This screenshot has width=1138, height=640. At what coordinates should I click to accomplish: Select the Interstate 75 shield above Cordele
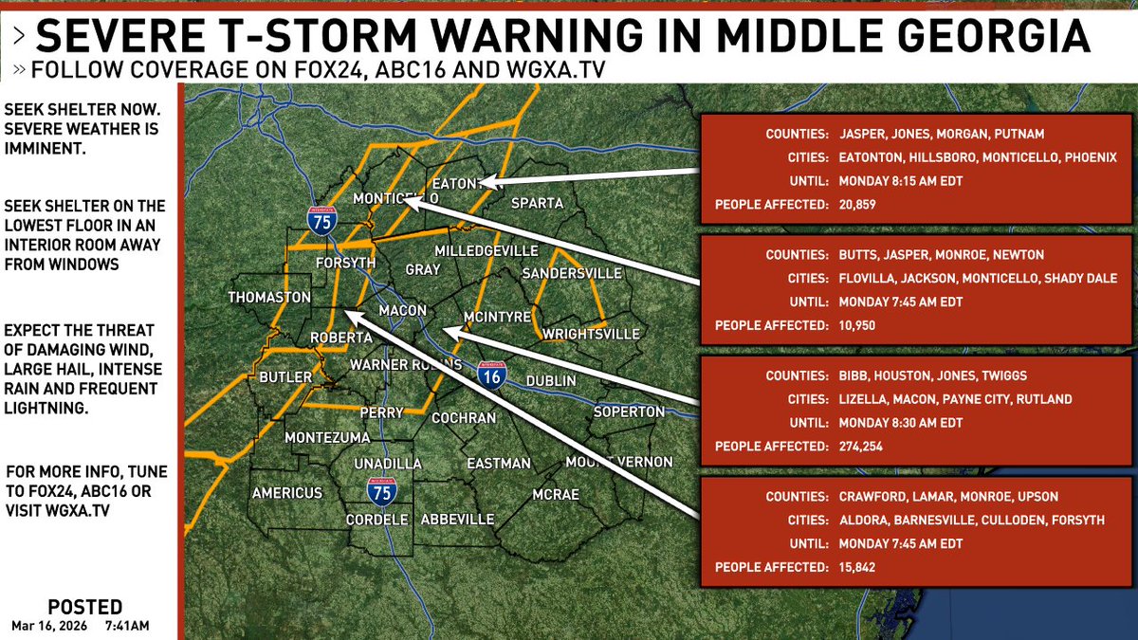382,491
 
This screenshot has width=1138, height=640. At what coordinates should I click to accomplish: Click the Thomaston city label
269,297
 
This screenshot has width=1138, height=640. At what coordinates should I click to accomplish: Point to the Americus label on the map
287,493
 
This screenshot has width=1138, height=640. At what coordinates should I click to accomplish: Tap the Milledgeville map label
486,250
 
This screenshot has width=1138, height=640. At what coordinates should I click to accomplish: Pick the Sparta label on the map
537,203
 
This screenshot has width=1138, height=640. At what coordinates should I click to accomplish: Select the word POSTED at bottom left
84,607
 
